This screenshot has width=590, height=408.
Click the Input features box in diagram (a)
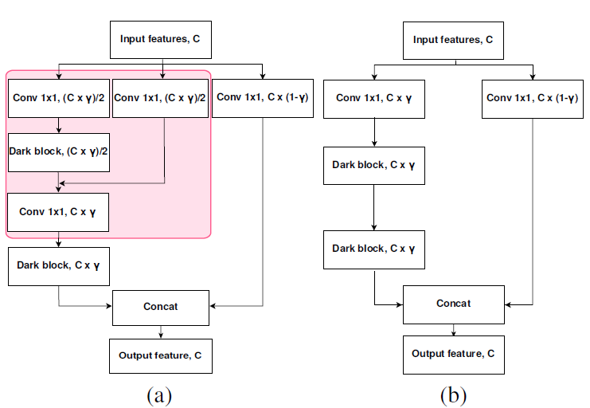[x=160, y=38]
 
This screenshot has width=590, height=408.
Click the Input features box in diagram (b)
[x=453, y=40]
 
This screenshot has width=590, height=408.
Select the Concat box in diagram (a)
[x=162, y=307]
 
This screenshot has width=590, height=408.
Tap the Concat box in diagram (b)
[x=453, y=304]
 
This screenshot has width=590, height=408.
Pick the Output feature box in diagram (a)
[x=162, y=355]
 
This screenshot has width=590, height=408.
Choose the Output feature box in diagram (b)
[x=453, y=353]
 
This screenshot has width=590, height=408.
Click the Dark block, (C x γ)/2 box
[x=59, y=151]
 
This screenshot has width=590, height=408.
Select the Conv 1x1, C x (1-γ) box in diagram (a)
[x=263, y=97]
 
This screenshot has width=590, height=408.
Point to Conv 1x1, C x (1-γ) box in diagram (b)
[x=532, y=97]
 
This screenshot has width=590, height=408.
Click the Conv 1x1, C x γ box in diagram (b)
[x=374, y=97]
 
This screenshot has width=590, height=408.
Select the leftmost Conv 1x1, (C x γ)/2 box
[x=59, y=97]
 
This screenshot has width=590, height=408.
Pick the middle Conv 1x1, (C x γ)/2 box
[x=162, y=97]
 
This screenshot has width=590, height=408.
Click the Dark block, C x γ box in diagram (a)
[x=59, y=266]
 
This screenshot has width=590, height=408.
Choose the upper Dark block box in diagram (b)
[x=374, y=166]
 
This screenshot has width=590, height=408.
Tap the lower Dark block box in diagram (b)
[x=374, y=249]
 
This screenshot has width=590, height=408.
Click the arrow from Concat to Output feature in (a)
[x=162, y=331]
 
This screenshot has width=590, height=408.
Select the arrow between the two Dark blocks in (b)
[x=374, y=207]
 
